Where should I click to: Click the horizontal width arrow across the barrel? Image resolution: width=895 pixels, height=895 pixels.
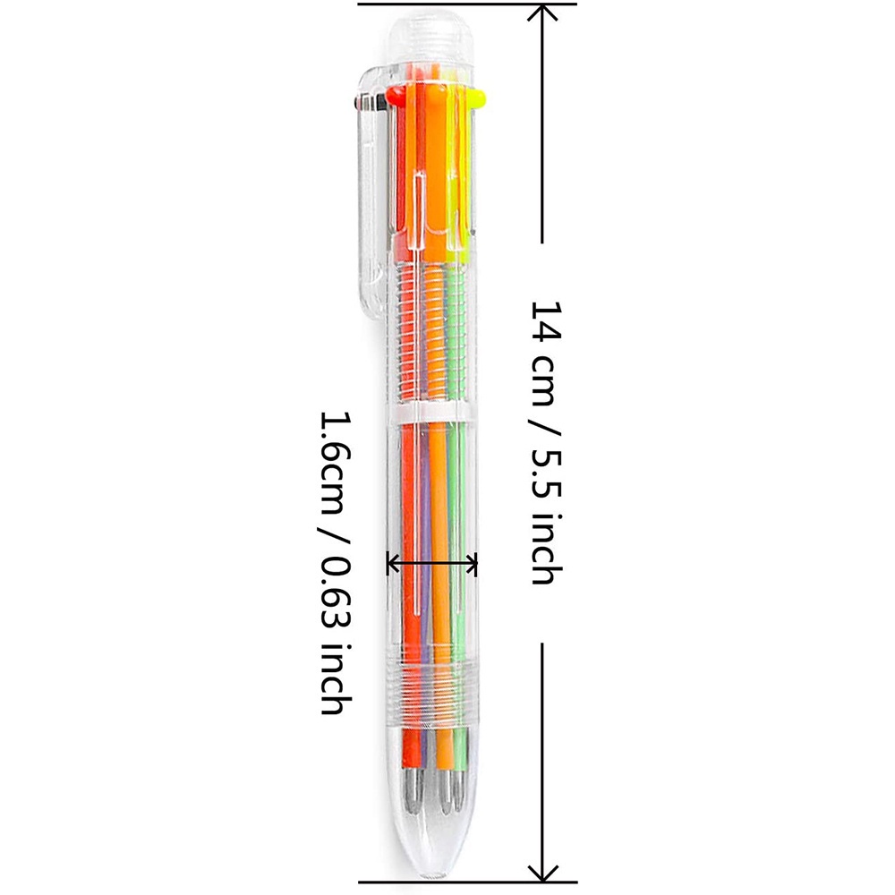[x=431, y=564]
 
